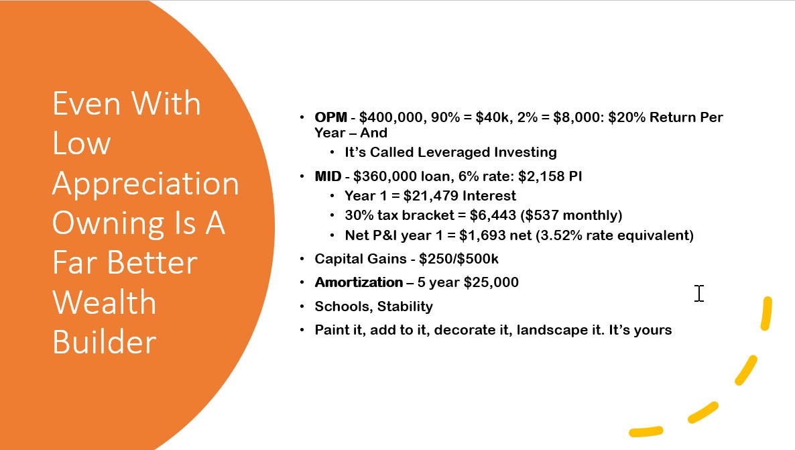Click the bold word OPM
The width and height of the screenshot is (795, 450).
coord(330,117)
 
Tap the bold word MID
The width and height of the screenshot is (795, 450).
coord(328,176)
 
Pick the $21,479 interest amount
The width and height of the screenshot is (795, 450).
coord(430,196)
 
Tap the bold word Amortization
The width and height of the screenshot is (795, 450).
coord(359,282)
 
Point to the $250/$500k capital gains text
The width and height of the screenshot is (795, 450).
coord(459,259)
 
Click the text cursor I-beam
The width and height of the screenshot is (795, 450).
coord(699,293)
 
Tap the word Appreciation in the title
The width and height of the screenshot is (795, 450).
coord(145,184)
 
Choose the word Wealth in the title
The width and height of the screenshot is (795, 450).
coord(105,302)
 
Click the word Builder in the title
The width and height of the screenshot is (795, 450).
coord(105,342)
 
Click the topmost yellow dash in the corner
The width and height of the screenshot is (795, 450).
coord(767,314)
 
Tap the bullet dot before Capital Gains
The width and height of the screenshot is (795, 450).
coord(302,259)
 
